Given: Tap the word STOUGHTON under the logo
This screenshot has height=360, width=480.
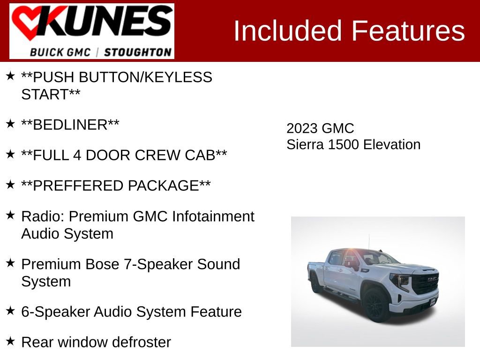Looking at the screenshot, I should [137, 52].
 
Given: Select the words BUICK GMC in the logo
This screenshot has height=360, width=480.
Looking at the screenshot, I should [60, 52].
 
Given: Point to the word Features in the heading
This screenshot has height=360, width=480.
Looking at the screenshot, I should [408, 31].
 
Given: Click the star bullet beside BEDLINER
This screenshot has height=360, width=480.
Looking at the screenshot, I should [10, 124].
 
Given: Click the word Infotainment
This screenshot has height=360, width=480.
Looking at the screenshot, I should [213, 217].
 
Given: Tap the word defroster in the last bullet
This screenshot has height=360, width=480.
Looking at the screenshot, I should [141, 342].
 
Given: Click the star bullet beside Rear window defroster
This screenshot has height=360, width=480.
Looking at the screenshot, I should [10, 341].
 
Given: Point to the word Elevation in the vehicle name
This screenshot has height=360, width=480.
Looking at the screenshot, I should [392, 144].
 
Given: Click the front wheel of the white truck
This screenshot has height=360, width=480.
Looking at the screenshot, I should [375, 305].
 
